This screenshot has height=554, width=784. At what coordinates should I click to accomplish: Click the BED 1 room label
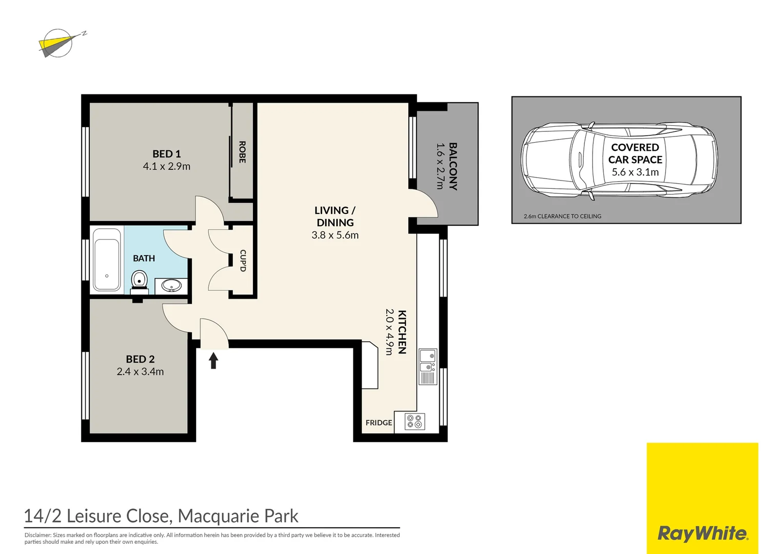[166, 154]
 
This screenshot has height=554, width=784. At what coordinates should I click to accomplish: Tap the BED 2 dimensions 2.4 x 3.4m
[140, 372]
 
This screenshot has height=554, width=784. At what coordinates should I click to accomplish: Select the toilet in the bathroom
[139, 281]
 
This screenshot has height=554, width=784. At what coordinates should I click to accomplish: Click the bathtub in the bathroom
[107, 260]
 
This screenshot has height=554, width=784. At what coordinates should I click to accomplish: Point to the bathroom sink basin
[171, 285]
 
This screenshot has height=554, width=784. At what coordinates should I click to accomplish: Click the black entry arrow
[213, 360]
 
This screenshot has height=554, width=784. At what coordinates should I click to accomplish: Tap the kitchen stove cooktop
[414, 422]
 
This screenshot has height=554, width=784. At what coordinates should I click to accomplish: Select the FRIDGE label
[379, 423]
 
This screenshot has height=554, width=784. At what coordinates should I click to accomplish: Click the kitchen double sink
[427, 361]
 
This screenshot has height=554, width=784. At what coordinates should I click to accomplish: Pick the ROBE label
[242, 152]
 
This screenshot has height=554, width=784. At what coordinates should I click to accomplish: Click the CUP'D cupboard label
[243, 261]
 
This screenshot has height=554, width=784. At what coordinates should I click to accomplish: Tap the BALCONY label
[453, 166]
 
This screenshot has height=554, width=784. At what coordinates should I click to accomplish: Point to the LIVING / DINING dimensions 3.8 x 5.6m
[335, 235]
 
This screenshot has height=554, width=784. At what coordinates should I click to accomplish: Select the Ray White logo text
[702, 533]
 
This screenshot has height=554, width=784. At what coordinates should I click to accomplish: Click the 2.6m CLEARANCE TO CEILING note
[562, 216]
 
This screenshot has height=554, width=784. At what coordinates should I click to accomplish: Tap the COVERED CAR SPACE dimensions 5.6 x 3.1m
[635, 172]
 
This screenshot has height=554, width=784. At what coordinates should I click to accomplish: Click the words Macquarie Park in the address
[238, 516]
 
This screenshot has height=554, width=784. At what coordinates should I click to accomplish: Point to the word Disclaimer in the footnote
[37, 535]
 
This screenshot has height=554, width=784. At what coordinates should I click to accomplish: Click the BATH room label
[144, 259]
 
